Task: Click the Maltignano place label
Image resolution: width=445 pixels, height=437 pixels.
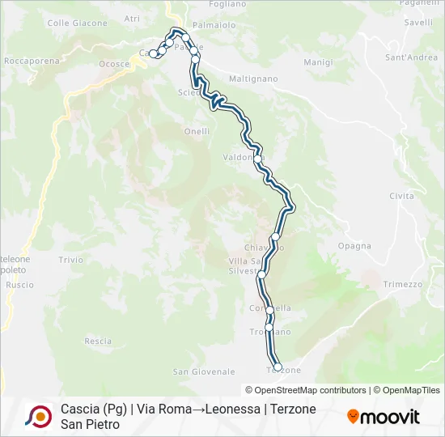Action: (253, 79)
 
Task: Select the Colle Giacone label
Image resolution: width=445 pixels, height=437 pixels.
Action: (71, 23)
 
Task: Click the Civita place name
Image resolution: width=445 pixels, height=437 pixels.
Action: (401, 197)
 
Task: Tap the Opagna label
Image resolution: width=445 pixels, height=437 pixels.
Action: (355, 246)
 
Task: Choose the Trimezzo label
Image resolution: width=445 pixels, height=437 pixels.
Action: (403, 284)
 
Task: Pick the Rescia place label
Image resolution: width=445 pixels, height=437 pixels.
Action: (98, 342)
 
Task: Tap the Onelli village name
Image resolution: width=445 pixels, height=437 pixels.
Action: (197, 131)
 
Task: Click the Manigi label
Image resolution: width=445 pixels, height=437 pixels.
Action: (318, 62)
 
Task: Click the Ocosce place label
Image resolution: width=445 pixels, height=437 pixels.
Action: (114, 64)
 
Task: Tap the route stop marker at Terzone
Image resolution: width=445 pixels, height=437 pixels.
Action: (278, 367)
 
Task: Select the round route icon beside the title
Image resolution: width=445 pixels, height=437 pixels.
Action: (38, 416)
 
